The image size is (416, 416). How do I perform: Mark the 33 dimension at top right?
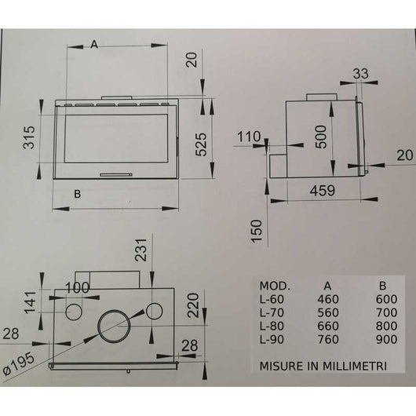(x=361, y=74)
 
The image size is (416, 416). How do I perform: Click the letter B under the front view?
(x=78, y=192)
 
